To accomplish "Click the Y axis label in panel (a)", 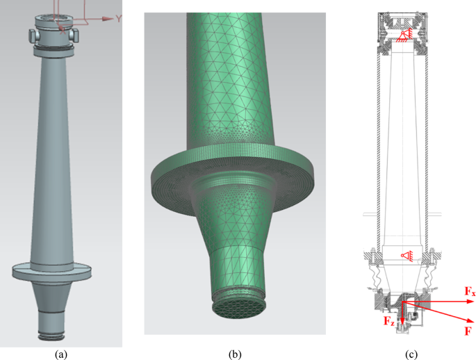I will [119, 18].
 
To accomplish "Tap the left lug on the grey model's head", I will [33, 35].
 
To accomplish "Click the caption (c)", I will [411, 354].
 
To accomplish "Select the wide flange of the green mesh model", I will [229, 174].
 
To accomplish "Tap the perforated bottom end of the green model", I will [236, 304].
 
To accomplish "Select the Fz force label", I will [388, 320].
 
